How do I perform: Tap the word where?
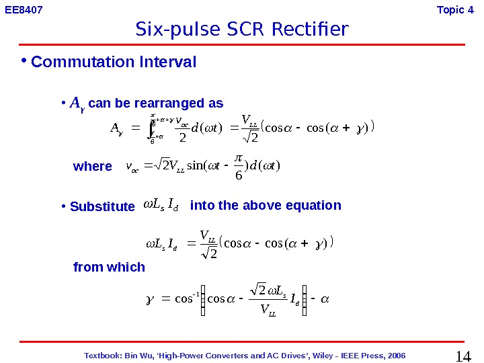coord(93,166)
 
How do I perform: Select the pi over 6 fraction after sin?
coord(240,165)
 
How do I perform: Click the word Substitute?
coord(102,206)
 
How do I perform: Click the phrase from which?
coord(109,267)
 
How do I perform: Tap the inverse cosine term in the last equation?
coord(175,300)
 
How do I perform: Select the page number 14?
coord(463,356)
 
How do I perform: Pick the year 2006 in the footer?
coord(395,356)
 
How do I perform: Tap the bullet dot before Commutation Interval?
coord(23,61)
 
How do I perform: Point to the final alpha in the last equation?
coord(325,300)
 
